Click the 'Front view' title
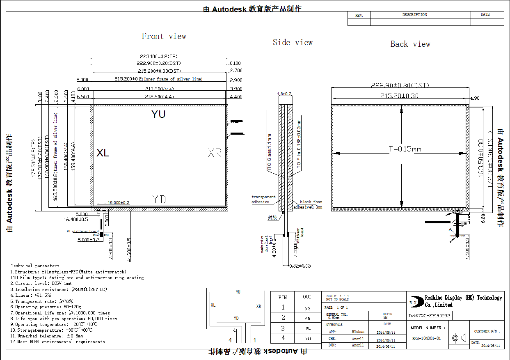coord(164,37)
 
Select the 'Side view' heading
coord(293,42)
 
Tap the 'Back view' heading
coord(410,44)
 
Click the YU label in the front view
coord(158,114)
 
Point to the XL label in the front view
coord(103,153)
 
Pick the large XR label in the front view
coord(215,153)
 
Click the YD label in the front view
coord(159,199)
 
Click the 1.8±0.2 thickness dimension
coord(284,94)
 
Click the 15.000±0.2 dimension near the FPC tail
coord(118,203)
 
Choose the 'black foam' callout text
coord(311,202)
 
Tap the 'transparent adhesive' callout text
coord(263,199)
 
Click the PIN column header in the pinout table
coord(282,297)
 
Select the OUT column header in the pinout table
coord(307,297)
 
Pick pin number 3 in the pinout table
coord(282,328)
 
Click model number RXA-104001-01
coord(426,339)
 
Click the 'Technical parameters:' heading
coord(36,266)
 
